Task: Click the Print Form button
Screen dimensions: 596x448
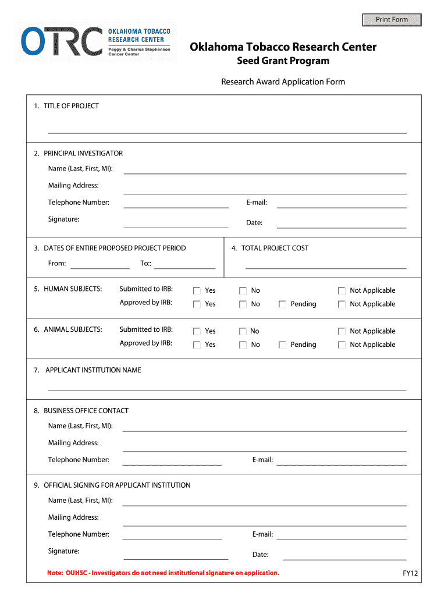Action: pyautogui.click(x=392, y=20)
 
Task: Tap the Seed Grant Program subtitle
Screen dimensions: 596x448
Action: pyautogui.click(x=283, y=61)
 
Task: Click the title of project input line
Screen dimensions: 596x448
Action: pyautogui.click(x=227, y=129)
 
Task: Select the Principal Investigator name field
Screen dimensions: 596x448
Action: pyautogui.click(x=265, y=169)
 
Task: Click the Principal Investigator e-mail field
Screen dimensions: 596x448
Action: pyautogui.click(x=341, y=203)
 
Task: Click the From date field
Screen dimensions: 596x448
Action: pyautogui.click(x=99, y=264)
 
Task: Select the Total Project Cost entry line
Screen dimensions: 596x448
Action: pyautogui.click(x=326, y=264)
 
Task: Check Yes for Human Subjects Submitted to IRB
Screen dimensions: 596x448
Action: pyautogui.click(x=197, y=290)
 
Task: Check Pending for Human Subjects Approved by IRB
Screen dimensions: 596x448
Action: pyautogui.click(x=282, y=304)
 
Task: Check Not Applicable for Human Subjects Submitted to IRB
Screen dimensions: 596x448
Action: pyautogui.click(x=342, y=290)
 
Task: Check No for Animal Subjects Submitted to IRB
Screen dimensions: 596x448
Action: pyautogui.click(x=243, y=331)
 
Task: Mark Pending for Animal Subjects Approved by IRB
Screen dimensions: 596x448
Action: pyautogui.click(x=282, y=345)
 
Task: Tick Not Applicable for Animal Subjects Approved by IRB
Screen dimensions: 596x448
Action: pyautogui.click(x=342, y=345)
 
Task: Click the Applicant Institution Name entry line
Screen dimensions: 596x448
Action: pyautogui.click(x=227, y=386)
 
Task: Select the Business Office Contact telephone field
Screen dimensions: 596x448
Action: pyautogui.click(x=172, y=461)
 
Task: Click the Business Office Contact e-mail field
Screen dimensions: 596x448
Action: pyautogui.click(x=341, y=461)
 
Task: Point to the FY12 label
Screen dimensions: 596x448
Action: pyautogui.click(x=410, y=573)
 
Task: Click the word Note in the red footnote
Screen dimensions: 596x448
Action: pyautogui.click(x=55, y=573)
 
